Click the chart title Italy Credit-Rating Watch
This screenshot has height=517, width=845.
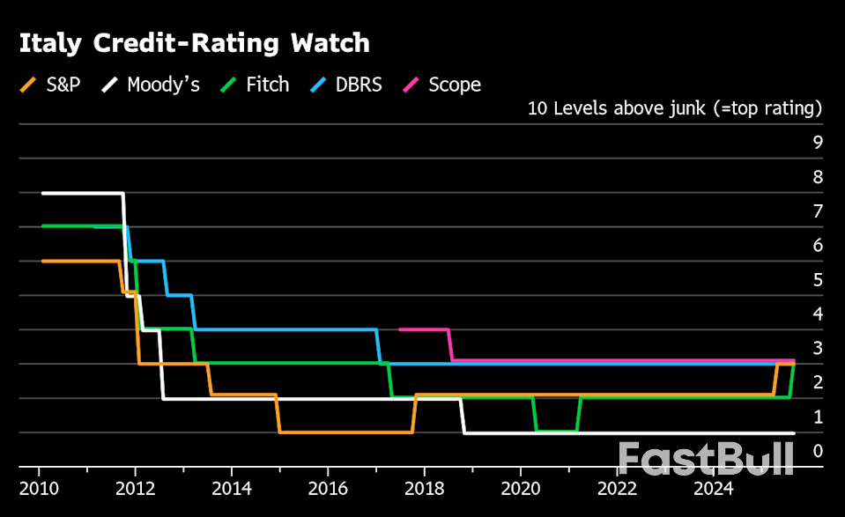pyautogui.click(x=194, y=43)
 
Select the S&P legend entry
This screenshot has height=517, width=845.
pyautogui.click(x=51, y=85)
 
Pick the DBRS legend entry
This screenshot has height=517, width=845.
pyautogui.click(x=346, y=85)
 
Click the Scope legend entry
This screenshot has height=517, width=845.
pyautogui.click(x=442, y=85)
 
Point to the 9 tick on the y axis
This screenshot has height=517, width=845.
pyautogui.click(x=817, y=142)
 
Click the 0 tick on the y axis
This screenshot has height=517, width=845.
pyautogui.click(x=817, y=451)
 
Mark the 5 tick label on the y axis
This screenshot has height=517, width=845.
pyautogui.click(x=817, y=279)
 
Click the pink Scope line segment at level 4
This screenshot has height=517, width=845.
pyautogui.click(x=424, y=329)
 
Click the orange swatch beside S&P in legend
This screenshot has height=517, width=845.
pyautogui.click(x=28, y=85)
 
